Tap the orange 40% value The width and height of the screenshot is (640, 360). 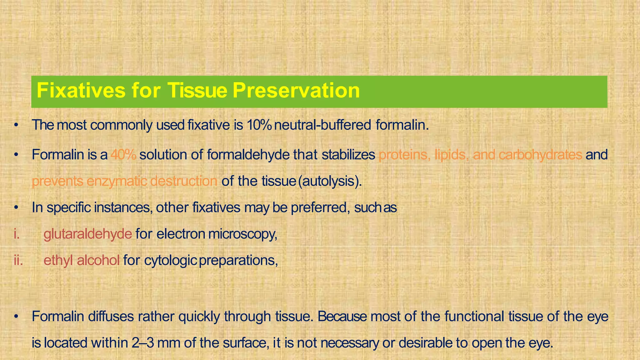[123, 155]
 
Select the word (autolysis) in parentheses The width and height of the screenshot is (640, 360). [330, 181]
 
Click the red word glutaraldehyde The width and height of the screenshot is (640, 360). [88, 234]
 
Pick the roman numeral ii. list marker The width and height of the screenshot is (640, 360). [18, 260]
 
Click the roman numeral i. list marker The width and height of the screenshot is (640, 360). [17, 234]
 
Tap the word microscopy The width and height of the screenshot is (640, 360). [242, 234]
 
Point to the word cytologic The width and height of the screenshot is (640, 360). [170, 260]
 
